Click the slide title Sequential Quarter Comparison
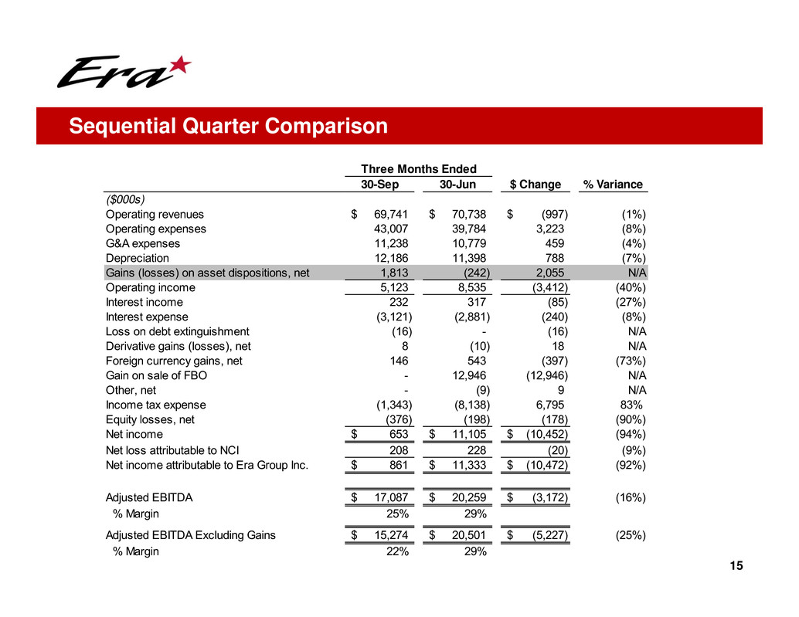228,126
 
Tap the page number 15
736,567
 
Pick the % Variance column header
613,185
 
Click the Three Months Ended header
420,169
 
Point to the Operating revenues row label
155,215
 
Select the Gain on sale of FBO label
156,375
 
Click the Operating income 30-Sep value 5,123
394,287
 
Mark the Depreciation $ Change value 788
556,258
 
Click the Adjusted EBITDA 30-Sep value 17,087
390,498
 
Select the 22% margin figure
397,551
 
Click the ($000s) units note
123,200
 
